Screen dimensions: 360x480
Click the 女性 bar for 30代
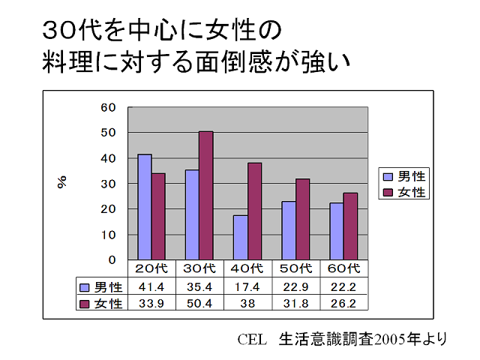click(205, 195)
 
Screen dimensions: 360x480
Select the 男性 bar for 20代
click(144, 207)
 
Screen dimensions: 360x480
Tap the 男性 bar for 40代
click(240, 237)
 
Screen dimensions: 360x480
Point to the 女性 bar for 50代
click(301, 219)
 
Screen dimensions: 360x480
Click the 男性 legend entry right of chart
click(405, 177)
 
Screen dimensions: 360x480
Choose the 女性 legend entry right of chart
click(405, 193)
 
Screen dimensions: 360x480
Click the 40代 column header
click(247, 268)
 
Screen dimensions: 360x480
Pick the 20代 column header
click(151, 268)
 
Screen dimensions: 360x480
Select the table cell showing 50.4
click(199, 303)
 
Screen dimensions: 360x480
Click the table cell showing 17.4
click(247, 286)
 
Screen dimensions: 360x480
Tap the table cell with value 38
click(247, 303)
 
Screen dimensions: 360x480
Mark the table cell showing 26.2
click(343, 303)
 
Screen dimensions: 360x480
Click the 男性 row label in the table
click(101, 286)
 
